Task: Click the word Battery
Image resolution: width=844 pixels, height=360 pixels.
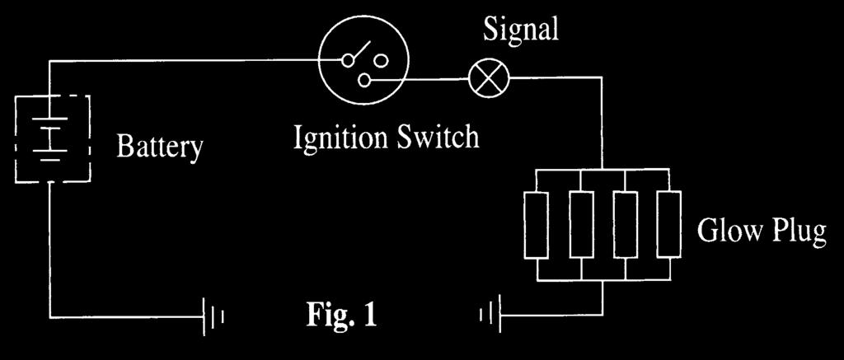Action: tap(160, 146)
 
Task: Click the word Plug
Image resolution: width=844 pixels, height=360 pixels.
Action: tap(798, 231)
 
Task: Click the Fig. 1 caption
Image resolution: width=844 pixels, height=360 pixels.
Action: tap(341, 316)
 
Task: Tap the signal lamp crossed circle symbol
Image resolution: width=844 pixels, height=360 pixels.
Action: tap(488, 78)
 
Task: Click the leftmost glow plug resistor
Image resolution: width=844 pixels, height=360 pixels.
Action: tap(537, 224)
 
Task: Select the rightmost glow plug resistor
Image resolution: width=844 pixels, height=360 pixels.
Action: tap(669, 224)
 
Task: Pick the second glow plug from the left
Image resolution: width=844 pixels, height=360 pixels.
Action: tap(581, 224)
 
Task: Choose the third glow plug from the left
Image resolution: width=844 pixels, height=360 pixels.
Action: tap(626, 224)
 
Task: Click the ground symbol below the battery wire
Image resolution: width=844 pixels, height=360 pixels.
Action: tap(213, 317)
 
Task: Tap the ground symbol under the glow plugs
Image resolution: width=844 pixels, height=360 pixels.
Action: tap(491, 314)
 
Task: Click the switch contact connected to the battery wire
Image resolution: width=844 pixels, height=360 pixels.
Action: tap(349, 60)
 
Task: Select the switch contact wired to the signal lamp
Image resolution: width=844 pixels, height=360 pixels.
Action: tap(364, 80)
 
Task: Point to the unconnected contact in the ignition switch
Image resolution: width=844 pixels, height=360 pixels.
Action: tap(382, 60)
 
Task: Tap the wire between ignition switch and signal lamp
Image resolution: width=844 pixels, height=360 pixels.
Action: tap(420, 80)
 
